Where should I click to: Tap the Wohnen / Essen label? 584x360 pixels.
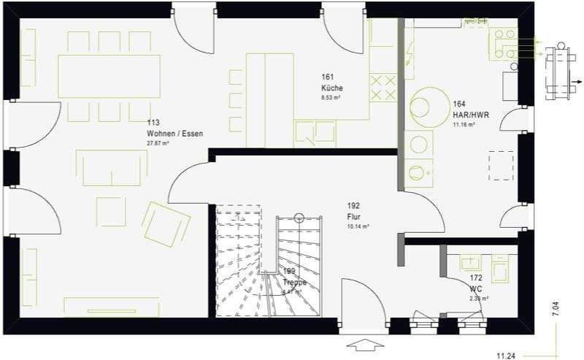(x=174, y=134)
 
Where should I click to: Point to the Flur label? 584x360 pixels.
(x=354, y=217)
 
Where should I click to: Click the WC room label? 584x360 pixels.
(x=477, y=289)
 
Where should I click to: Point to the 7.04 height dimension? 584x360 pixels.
(x=556, y=309)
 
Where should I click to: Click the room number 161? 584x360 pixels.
(x=327, y=77)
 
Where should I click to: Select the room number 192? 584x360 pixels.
(x=354, y=206)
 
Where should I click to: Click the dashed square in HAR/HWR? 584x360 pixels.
(x=502, y=165)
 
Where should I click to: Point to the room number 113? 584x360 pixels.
(x=153, y=123)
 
